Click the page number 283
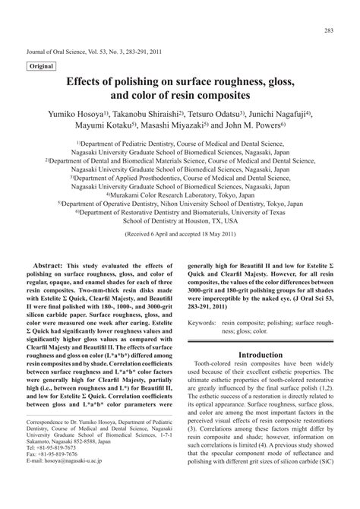tap(329, 30)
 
